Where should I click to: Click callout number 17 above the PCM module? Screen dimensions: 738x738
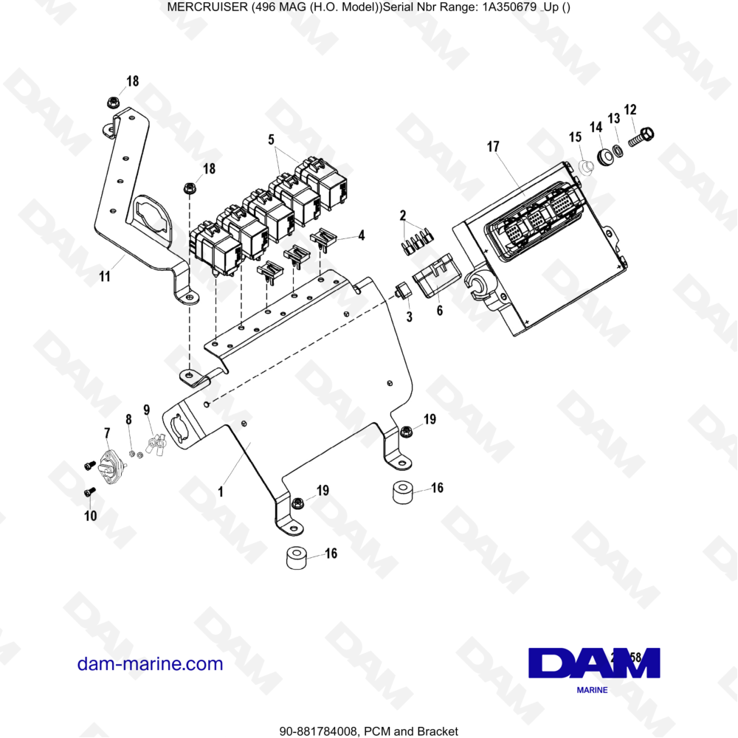493,147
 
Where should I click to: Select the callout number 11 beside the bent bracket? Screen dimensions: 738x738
105,277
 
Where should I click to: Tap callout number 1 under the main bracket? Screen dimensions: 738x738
221,491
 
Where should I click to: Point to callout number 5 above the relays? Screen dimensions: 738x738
271,139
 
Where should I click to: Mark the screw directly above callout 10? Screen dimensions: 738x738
88,492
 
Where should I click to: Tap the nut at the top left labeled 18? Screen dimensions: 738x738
113,100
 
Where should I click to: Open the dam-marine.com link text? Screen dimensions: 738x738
150,663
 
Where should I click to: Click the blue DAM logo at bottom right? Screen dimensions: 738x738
594,663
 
